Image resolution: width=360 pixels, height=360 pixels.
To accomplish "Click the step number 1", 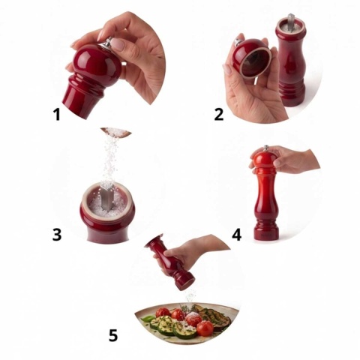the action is coord(57,115).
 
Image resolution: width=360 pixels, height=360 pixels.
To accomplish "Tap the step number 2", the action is coord(219,115).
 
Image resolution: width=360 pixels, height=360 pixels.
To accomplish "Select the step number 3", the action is coord(57,235).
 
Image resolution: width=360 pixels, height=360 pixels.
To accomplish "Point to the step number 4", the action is coord(236,235).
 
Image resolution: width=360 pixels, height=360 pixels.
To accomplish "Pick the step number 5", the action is coord(113,335).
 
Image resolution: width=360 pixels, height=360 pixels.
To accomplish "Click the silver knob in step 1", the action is coord(109,42).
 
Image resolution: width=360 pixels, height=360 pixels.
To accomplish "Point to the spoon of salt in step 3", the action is coord(116,132).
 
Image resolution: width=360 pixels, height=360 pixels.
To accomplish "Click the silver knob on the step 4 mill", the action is coord(266,148).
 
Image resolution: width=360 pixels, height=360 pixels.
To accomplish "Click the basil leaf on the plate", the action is coord(148,319).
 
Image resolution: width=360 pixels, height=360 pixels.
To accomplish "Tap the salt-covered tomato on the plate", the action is coord(193,319).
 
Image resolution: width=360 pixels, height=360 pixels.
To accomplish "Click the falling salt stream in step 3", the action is coord(110,160).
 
